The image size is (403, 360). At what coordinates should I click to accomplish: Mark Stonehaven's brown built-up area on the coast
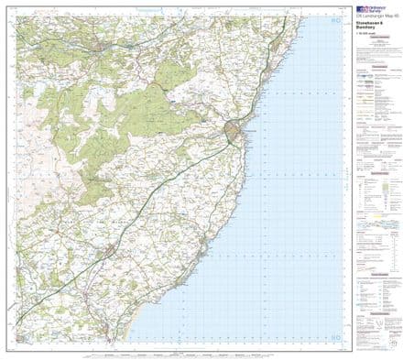(235, 135)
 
